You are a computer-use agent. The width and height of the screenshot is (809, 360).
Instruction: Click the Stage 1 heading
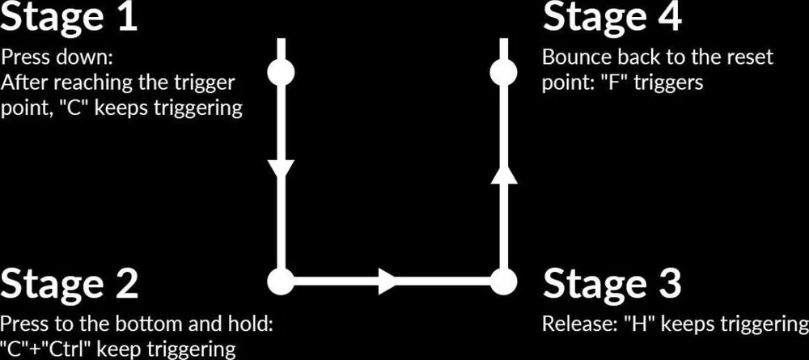(x=69, y=16)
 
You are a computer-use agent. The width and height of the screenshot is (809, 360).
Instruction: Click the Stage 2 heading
(x=69, y=283)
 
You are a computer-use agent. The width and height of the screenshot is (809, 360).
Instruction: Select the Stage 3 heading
(x=612, y=283)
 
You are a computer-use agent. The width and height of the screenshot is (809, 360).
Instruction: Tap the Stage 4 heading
(x=612, y=16)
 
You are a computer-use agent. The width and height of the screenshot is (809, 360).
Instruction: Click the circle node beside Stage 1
(x=282, y=73)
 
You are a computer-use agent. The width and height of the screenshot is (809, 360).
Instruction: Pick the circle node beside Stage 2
(x=282, y=281)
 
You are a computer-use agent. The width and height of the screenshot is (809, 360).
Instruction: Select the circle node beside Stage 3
(x=503, y=281)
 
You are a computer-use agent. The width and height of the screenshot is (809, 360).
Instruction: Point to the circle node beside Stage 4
(x=503, y=73)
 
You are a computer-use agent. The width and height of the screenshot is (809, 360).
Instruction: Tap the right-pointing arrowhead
(x=387, y=281)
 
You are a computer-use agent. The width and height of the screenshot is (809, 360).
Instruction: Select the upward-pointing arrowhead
(x=503, y=174)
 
